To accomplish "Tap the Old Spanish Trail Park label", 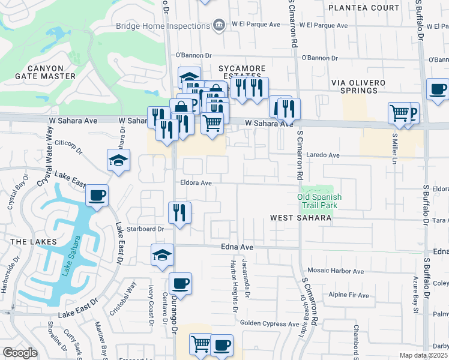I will tap(319, 201).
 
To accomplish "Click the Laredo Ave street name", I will tap(323, 155).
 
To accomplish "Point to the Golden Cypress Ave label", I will tap(270, 324).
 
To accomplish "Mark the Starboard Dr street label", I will tap(145, 229).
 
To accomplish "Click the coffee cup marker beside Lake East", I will tap(97, 196).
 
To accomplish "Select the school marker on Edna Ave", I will tap(162, 255).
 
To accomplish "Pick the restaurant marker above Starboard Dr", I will tap(179, 212).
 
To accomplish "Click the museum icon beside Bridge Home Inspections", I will tap(219, 25).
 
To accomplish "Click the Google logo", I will tap(20, 353).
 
